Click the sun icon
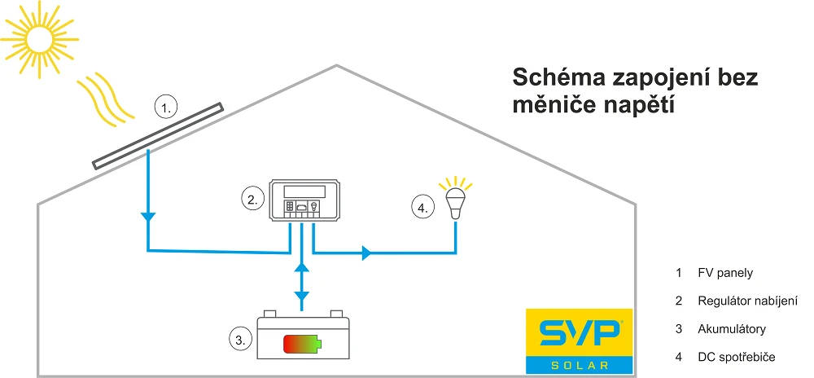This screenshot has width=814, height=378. coord(37,37)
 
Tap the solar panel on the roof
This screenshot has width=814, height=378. coord(158,136)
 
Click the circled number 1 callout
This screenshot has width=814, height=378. coord(166,108)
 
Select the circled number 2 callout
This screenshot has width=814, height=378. coord(253,199)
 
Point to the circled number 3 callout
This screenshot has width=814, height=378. coord(239,341)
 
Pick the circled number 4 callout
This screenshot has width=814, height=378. coord(422,208)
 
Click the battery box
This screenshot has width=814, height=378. coord(301,337)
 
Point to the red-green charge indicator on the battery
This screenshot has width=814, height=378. coord(301,344)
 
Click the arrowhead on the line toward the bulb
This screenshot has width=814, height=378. coord(366,253)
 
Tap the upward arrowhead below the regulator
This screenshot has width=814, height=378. coord(301,266)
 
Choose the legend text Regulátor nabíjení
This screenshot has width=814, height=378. coord(742,301)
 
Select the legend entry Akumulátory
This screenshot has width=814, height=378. coord(732,329)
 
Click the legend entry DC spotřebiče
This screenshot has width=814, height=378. coord(736,357)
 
